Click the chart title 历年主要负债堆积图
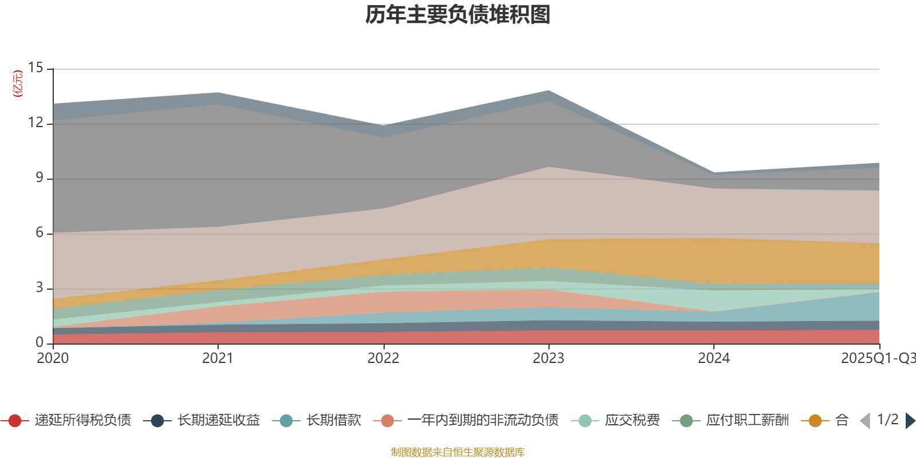click(x=458, y=15)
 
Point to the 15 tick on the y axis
click(x=35, y=68)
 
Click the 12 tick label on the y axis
click(x=35, y=123)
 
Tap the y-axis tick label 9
click(x=39, y=178)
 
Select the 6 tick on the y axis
click(x=39, y=233)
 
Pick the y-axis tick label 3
click(x=39, y=288)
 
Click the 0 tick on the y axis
click(x=39, y=342)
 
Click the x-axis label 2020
click(x=53, y=358)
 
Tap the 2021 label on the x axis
click(x=218, y=358)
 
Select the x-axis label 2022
click(x=383, y=358)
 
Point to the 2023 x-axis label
click(x=548, y=358)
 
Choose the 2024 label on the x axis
click(x=713, y=358)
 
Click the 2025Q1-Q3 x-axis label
click(x=877, y=358)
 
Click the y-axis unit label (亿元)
click(x=18, y=84)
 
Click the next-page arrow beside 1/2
click(x=910, y=421)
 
